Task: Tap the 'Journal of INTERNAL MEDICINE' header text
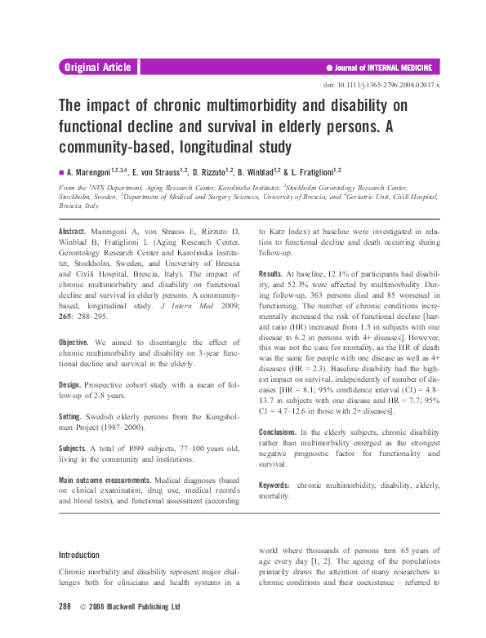(x=383, y=68)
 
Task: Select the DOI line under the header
(x=381, y=85)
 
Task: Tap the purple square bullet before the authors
(x=61, y=173)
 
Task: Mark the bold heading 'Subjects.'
(x=74, y=448)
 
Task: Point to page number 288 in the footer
(x=66, y=607)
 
